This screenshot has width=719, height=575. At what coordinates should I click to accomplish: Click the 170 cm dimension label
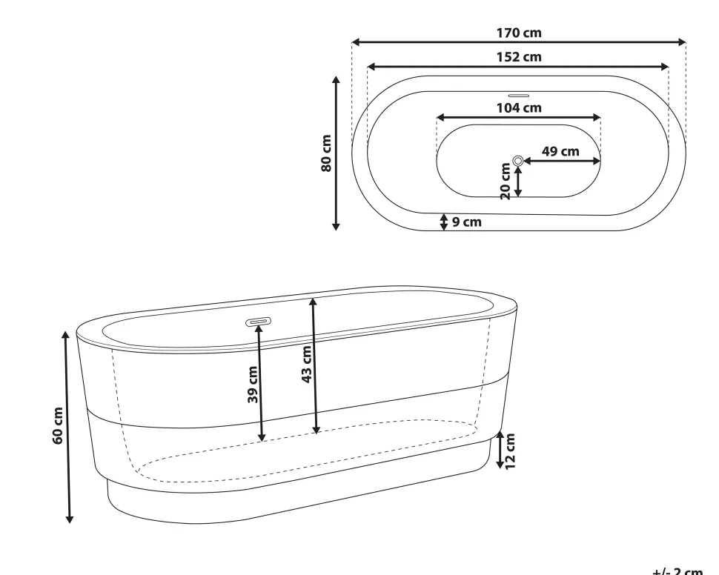[x=519, y=33]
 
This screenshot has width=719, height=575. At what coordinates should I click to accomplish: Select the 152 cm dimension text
[x=519, y=57]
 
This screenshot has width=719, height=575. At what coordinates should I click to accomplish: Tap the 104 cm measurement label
[x=519, y=108]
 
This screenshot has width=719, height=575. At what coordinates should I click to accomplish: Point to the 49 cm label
[x=560, y=151]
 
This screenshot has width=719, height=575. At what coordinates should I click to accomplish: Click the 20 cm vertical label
[x=506, y=181]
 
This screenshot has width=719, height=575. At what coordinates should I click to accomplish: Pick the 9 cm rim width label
[x=467, y=222]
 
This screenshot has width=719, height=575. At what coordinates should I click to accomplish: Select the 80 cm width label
[x=326, y=153]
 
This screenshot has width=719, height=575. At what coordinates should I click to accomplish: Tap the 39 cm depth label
[x=253, y=385]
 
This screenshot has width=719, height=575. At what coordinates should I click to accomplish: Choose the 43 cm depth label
[x=307, y=364]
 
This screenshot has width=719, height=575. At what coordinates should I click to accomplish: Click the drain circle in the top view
[x=518, y=160]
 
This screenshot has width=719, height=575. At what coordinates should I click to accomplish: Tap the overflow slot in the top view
[x=518, y=96]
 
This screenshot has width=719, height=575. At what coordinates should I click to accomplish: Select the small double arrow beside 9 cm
[x=444, y=222]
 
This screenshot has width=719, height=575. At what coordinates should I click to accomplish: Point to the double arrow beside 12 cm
[x=500, y=450]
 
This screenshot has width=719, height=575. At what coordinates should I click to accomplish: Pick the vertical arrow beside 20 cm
[x=518, y=182]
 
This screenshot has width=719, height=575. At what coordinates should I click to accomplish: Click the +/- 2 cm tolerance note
[x=677, y=571]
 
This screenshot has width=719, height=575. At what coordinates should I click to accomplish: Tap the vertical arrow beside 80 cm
[x=337, y=153]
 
